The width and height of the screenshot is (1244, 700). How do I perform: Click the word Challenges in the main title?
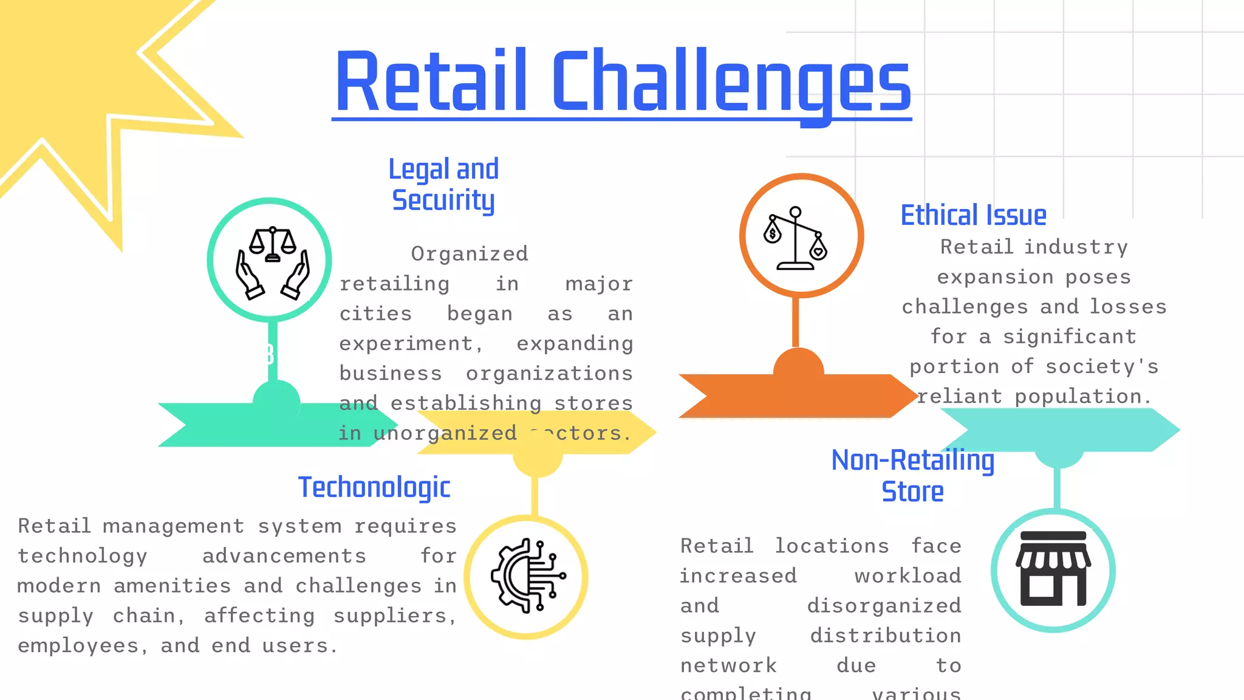click(x=731, y=82)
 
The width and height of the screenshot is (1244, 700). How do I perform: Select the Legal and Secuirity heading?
click(x=443, y=185)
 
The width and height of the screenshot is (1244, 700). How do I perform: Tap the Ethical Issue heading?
click(x=973, y=215)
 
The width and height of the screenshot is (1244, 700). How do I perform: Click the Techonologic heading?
click(x=374, y=487)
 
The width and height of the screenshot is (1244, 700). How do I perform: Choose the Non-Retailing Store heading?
click(x=912, y=476)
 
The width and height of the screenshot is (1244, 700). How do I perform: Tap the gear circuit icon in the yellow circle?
click(x=527, y=576)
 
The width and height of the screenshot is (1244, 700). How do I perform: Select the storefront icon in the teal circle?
click(x=1053, y=569)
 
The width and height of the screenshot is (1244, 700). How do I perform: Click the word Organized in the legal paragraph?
click(x=470, y=253)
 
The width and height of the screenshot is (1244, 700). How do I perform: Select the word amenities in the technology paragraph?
click(x=173, y=586)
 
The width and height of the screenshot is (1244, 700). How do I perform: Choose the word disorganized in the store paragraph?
click(x=884, y=606)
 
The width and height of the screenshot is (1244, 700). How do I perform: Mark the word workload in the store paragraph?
click(x=907, y=576)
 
